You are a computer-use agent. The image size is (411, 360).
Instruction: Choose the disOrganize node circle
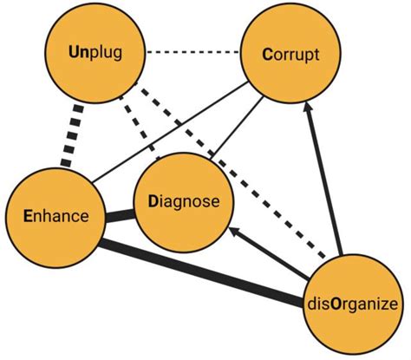352,301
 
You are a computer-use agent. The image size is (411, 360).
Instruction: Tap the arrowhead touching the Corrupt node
307,112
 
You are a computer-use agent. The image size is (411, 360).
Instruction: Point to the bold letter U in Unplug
75,54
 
